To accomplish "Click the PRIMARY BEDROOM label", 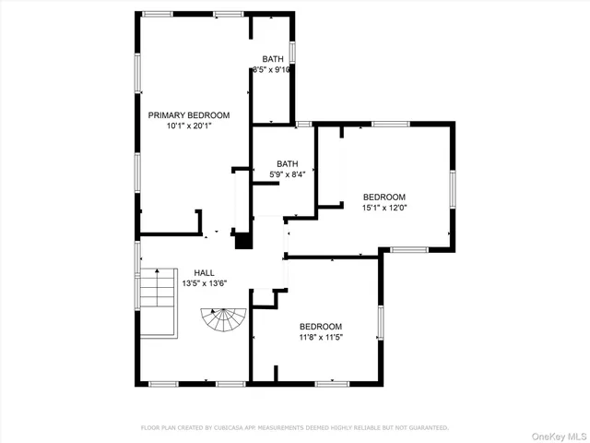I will tap(189, 115).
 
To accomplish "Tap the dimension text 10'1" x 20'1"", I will tap(189, 126).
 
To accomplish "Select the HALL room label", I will tap(204, 272).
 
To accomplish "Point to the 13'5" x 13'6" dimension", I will tap(204, 283).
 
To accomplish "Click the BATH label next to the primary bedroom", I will tap(273, 59).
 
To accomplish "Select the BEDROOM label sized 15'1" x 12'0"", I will tap(384, 197).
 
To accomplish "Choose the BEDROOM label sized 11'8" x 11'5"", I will tap(321, 327).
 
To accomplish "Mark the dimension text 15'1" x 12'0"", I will tap(384, 208).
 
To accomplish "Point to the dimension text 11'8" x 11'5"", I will tap(321, 338).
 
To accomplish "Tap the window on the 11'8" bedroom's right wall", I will tap(381, 324).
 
